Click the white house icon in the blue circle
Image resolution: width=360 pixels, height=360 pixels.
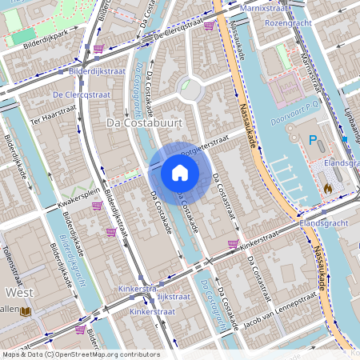(180, 173)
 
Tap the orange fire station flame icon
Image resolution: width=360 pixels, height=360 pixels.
(328, 187)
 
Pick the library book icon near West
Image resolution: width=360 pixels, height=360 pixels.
(26, 310)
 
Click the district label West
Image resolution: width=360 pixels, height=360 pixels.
(18, 292)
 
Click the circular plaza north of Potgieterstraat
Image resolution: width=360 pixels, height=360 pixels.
(191, 90)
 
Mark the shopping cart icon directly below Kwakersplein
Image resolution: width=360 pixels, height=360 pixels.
(97, 206)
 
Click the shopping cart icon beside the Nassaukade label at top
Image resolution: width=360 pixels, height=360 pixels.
(209, 26)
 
